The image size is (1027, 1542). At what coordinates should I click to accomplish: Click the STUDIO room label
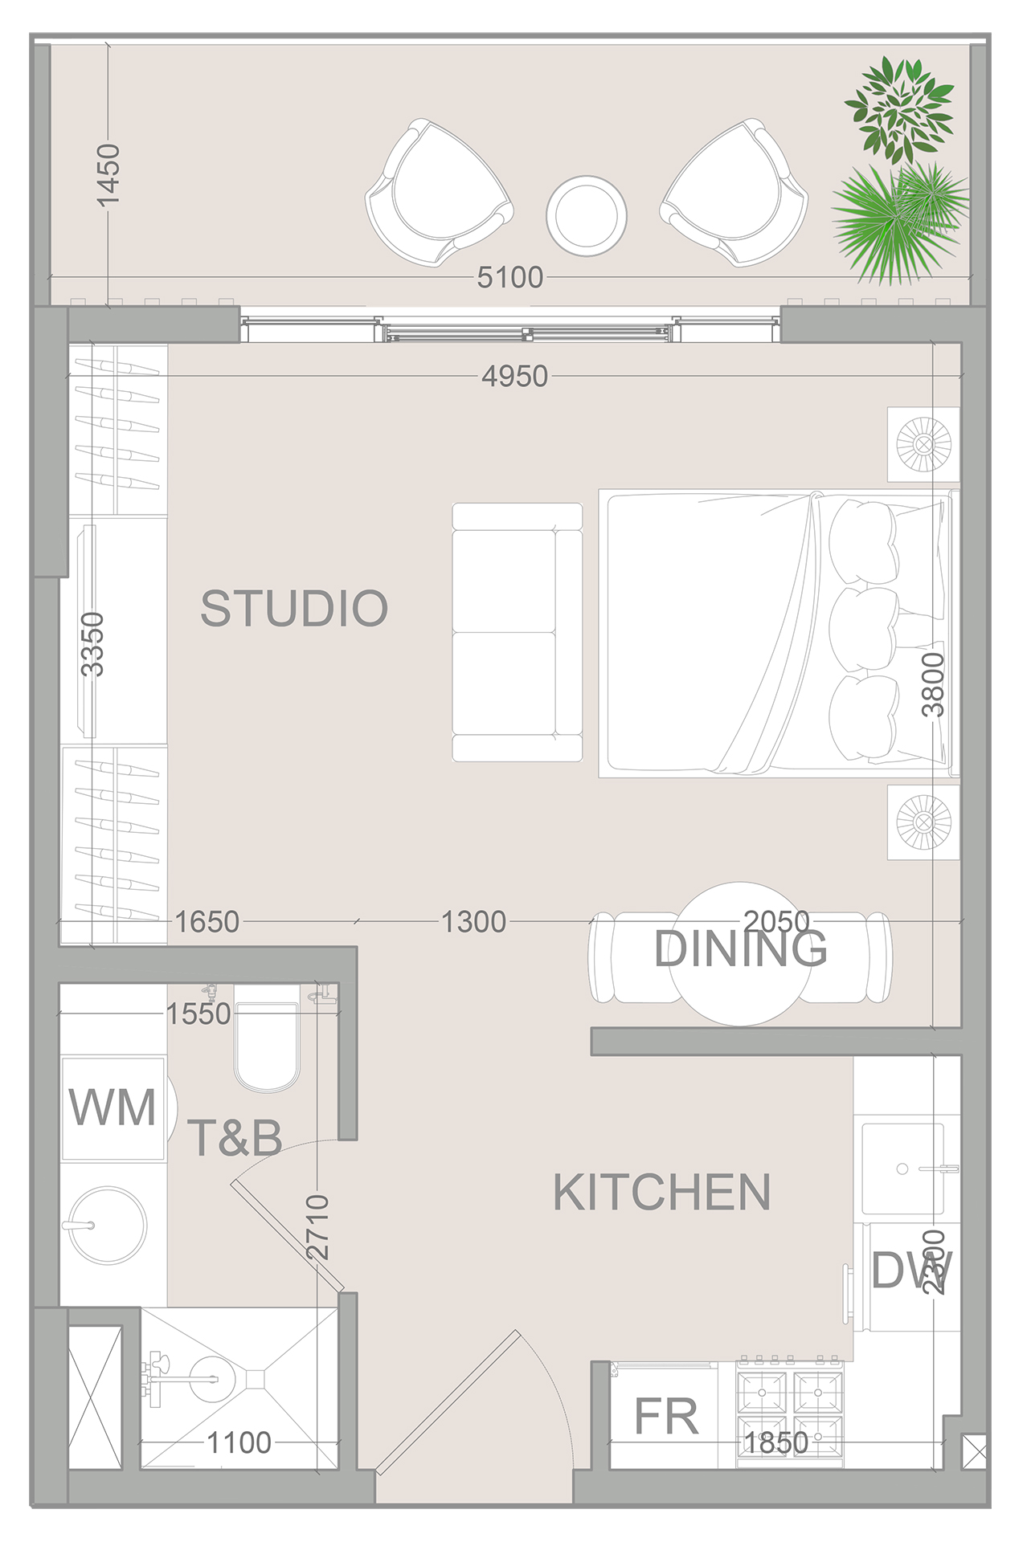pyautogui.click(x=294, y=608)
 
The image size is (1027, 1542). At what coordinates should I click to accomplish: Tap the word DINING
pyautogui.click(x=740, y=949)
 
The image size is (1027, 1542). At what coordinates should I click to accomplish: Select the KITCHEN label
pyautogui.click(x=661, y=1192)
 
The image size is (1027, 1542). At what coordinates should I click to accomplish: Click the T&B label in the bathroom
pyautogui.click(x=235, y=1138)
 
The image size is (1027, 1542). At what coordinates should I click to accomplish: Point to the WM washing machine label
pyautogui.click(x=113, y=1108)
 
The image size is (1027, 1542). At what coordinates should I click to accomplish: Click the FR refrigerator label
pyautogui.click(x=666, y=1416)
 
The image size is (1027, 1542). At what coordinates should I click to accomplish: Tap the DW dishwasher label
pyautogui.click(x=911, y=1271)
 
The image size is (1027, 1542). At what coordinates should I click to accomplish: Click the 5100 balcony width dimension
pyautogui.click(x=509, y=278)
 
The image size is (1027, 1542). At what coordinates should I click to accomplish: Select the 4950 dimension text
pyautogui.click(x=514, y=376)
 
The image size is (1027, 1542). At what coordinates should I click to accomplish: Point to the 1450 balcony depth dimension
pyautogui.click(x=107, y=174)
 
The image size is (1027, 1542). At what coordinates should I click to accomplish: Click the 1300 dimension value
pyautogui.click(x=473, y=922)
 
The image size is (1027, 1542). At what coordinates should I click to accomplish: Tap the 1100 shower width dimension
pyautogui.click(x=239, y=1443)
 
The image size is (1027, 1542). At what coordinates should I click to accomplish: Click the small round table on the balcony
pyautogui.click(x=587, y=216)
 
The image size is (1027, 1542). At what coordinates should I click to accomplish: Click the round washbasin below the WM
pyautogui.click(x=107, y=1226)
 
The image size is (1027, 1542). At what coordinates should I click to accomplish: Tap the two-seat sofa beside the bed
pyautogui.click(x=517, y=632)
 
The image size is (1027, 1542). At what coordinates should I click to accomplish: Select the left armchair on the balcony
pyautogui.click(x=438, y=194)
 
